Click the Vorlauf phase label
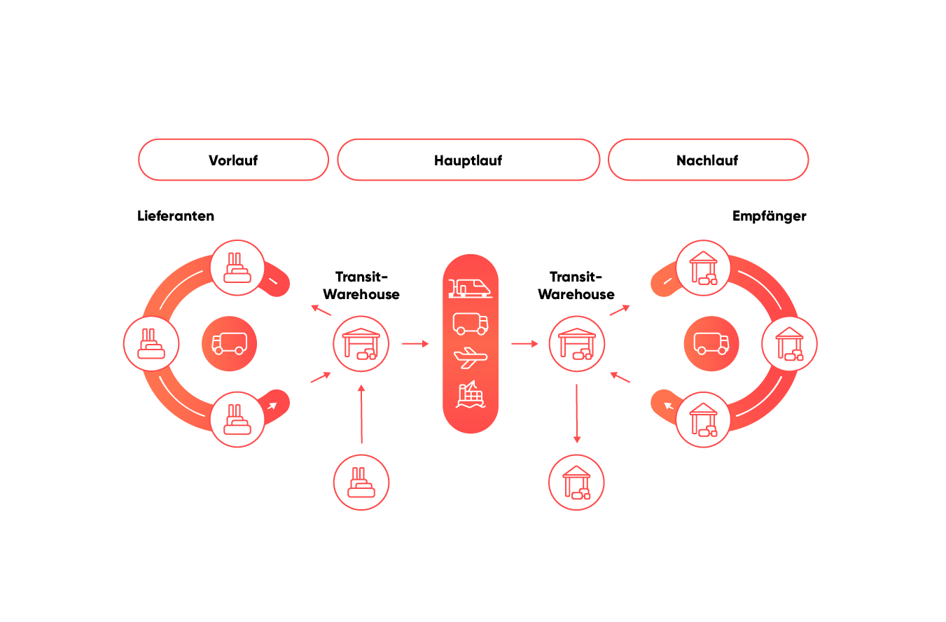[x=233, y=160]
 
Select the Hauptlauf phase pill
[x=468, y=160]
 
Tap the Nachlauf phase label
[x=707, y=160]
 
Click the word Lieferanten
[x=176, y=216]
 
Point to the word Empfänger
[x=769, y=216]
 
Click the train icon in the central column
[x=470, y=287]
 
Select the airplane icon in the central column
[x=470, y=358]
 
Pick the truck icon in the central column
[x=470, y=323]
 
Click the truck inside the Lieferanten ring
[x=229, y=343]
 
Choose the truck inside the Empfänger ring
[x=711, y=343]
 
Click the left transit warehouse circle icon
[x=361, y=343]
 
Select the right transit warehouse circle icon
[x=576, y=343]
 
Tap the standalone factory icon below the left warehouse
[x=361, y=482]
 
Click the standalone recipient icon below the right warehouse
[x=576, y=482]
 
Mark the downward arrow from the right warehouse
[x=576, y=413]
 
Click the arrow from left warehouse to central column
[x=415, y=343]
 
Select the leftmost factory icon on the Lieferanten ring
[x=151, y=343]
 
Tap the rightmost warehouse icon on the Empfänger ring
[x=789, y=343]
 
